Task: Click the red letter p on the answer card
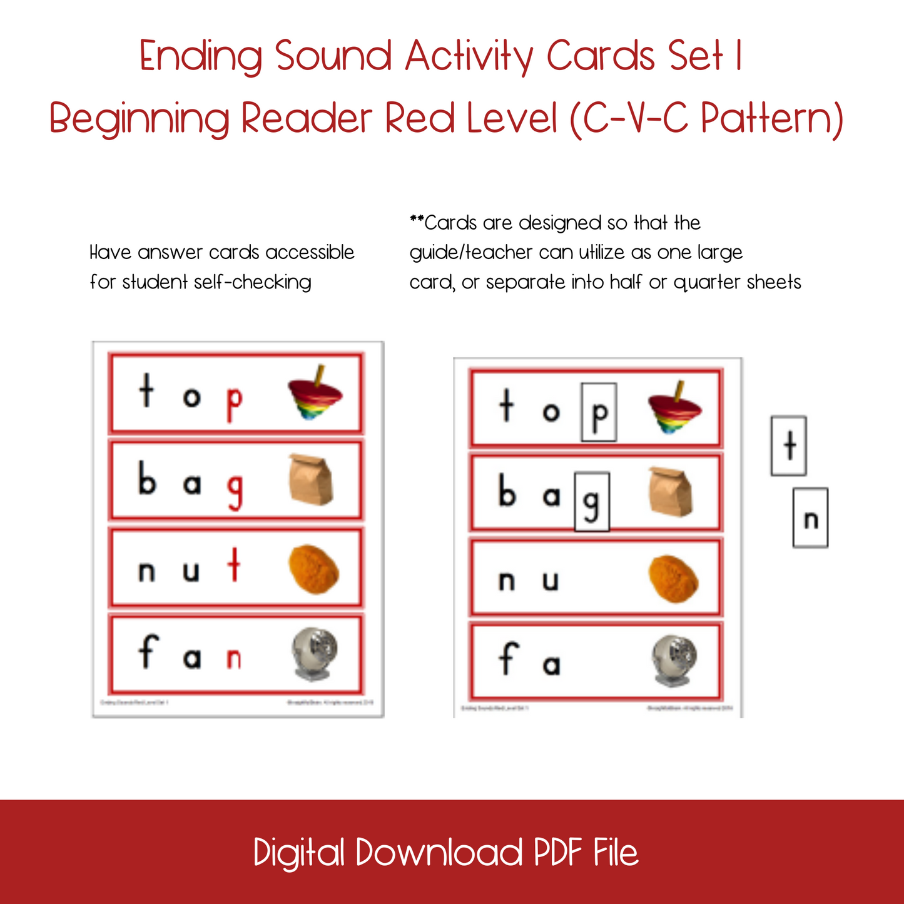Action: (233, 404)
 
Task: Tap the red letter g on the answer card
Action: (235, 492)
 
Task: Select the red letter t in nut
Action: (234, 566)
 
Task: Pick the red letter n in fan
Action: (234, 659)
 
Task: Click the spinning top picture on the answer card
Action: (315, 393)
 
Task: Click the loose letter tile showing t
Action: (789, 446)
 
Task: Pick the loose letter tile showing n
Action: (811, 518)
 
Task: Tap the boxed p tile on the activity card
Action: (599, 412)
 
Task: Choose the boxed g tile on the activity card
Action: (592, 502)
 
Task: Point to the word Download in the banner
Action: (439, 853)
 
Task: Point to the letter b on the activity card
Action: (507, 490)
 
